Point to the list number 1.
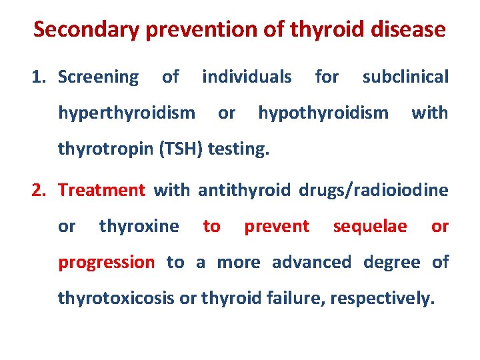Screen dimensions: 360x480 38,77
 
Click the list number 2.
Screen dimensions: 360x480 38,190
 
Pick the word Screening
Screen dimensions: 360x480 98,77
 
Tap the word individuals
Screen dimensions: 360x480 247,77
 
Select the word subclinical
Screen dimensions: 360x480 405,77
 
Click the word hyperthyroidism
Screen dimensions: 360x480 127,113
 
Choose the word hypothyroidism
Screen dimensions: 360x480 323,113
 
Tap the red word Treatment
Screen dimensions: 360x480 101,190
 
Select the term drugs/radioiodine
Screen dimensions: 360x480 373,190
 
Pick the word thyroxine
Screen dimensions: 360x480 139,227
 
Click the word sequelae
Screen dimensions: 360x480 370,227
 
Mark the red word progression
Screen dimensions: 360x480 106,263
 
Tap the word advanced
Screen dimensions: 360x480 311,262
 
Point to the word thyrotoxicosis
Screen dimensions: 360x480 117,298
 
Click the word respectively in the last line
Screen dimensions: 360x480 387,298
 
